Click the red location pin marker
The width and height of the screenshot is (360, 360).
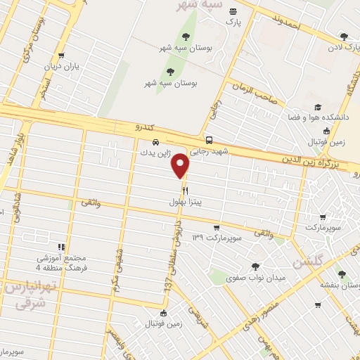pyautogui.click(x=181, y=165)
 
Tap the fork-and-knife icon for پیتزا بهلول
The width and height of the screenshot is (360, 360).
pyautogui.click(x=185, y=190)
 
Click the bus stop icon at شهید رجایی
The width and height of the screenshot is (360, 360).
pyautogui.click(x=208, y=139)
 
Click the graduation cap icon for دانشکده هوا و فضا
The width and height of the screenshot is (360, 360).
pyautogui.click(x=317, y=107)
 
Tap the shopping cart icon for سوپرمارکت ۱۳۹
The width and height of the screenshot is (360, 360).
pyautogui.click(x=217, y=228)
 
